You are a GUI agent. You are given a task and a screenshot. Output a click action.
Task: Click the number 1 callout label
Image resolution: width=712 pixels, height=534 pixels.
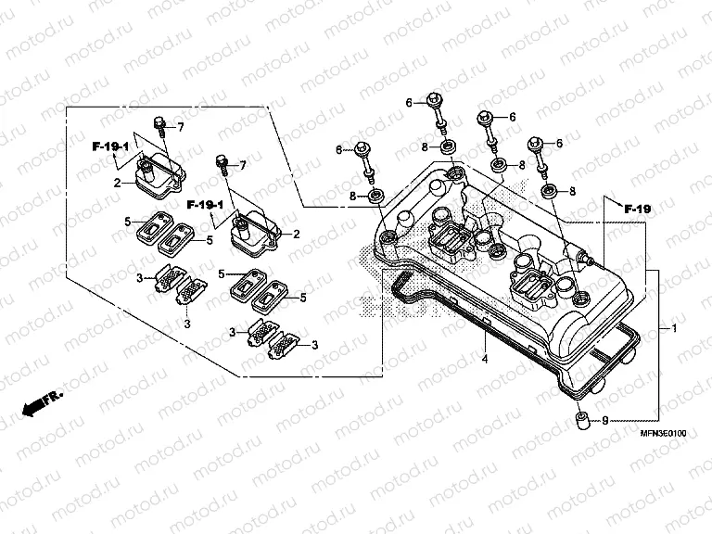pyautogui.click(x=675, y=329)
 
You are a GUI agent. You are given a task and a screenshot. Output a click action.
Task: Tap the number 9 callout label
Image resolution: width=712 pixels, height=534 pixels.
pyautogui.click(x=604, y=420)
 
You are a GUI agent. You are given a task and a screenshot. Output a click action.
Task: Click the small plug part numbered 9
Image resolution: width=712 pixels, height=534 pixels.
pyautogui.click(x=581, y=420)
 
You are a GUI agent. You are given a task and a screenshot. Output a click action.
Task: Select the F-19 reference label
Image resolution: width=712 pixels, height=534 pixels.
pyautogui.click(x=638, y=210)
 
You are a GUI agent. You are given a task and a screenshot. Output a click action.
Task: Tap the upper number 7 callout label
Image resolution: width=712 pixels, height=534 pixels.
pyautogui.click(x=181, y=127)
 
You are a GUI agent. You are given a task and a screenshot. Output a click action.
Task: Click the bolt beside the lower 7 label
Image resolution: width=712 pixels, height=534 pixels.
pyautogui.click(x=222, y=164)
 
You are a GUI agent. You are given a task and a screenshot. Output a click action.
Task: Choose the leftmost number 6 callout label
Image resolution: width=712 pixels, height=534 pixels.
pyautogui.click(x=339, y=149)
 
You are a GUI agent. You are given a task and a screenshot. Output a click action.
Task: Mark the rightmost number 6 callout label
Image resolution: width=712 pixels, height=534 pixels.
pyautogui.click(x=559, y=144)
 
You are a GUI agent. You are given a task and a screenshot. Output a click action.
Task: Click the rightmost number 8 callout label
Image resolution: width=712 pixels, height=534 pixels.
pyautogui.click(x=572, y=190)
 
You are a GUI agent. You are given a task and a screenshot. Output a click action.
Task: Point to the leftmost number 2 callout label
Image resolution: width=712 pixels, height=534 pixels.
pyautogui.click(x=119, y=183)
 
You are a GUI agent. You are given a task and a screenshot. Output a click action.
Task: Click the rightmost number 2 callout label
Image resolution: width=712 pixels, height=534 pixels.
pyautogui.click(x=296, y=234)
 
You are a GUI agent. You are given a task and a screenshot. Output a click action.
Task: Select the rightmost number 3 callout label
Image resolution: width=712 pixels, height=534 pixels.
pyautogui.click(x=314, y=345)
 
